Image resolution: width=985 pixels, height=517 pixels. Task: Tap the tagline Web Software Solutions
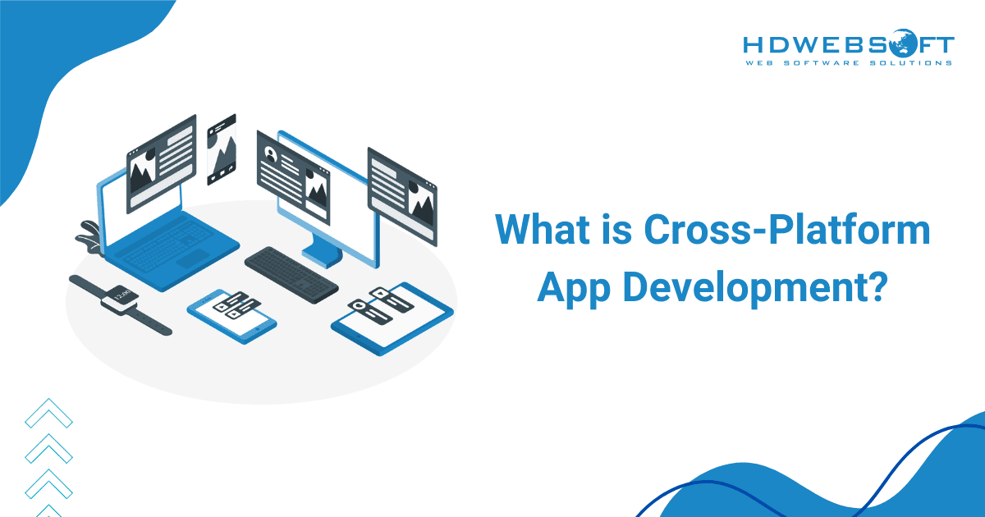[x=849, y=62]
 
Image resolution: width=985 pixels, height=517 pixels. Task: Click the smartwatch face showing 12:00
[x=120, y=297]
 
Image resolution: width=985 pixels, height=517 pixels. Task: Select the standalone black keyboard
[x=291, y=273]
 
